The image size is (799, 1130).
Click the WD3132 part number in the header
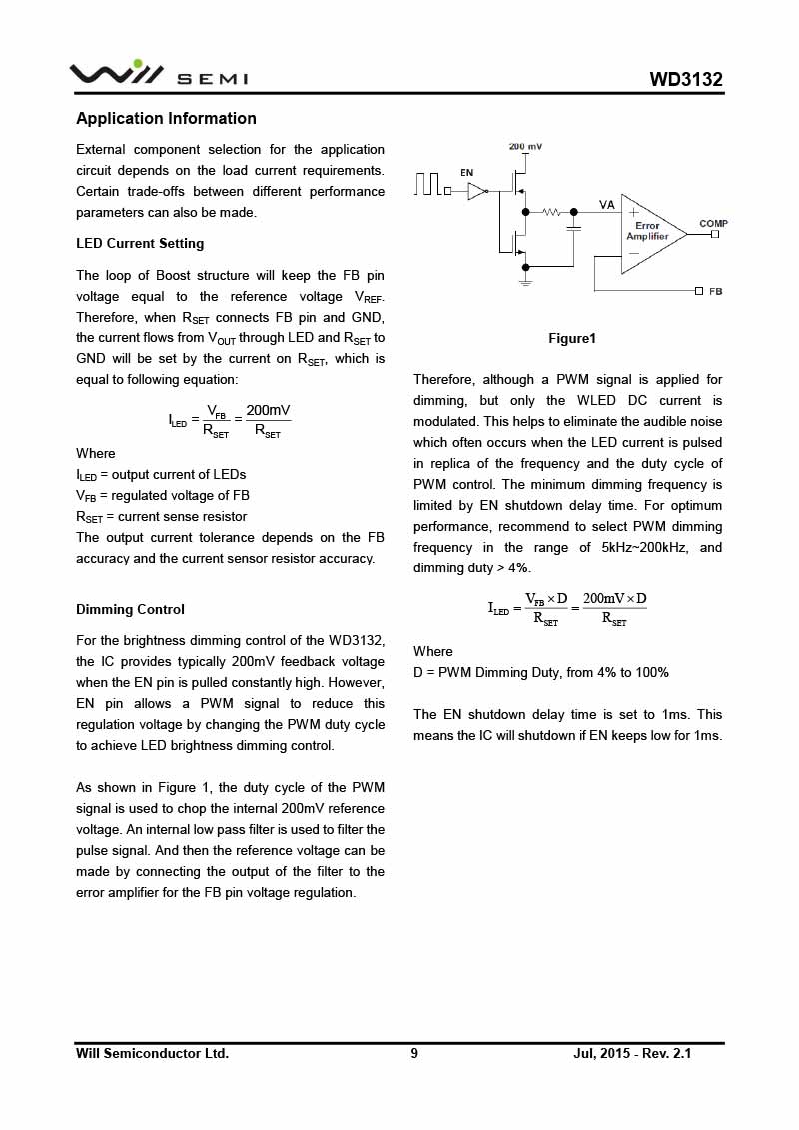coord(685,80)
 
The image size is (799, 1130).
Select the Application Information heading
coord(166,118)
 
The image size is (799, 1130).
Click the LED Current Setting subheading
coord(140,243)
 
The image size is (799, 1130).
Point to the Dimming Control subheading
coord(130,609)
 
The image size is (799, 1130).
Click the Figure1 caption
coord(571,338)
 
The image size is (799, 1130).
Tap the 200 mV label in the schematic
coord(526,147)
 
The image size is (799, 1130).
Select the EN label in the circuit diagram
coord(466,172)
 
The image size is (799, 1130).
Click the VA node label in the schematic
coord(606,204)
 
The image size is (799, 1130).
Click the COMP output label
coord(713,223)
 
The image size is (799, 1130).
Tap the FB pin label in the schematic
coord(715,290)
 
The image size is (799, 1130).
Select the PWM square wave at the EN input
coord(430,185)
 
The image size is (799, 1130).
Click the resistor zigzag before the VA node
coord(551,212)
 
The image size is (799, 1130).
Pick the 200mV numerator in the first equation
coord(268,410)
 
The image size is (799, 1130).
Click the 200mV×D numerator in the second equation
coord(614,598)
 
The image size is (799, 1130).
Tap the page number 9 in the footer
coord(414,1053)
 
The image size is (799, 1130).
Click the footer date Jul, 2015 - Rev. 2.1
coord(632,1053)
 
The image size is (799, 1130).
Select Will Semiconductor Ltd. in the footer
coord(152,1053)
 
